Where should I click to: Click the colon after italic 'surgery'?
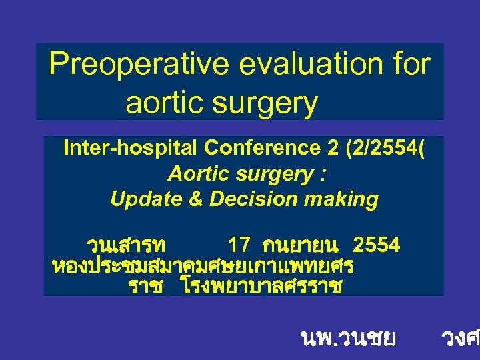tap(323, 175)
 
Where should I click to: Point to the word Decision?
tap(248, 199)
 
